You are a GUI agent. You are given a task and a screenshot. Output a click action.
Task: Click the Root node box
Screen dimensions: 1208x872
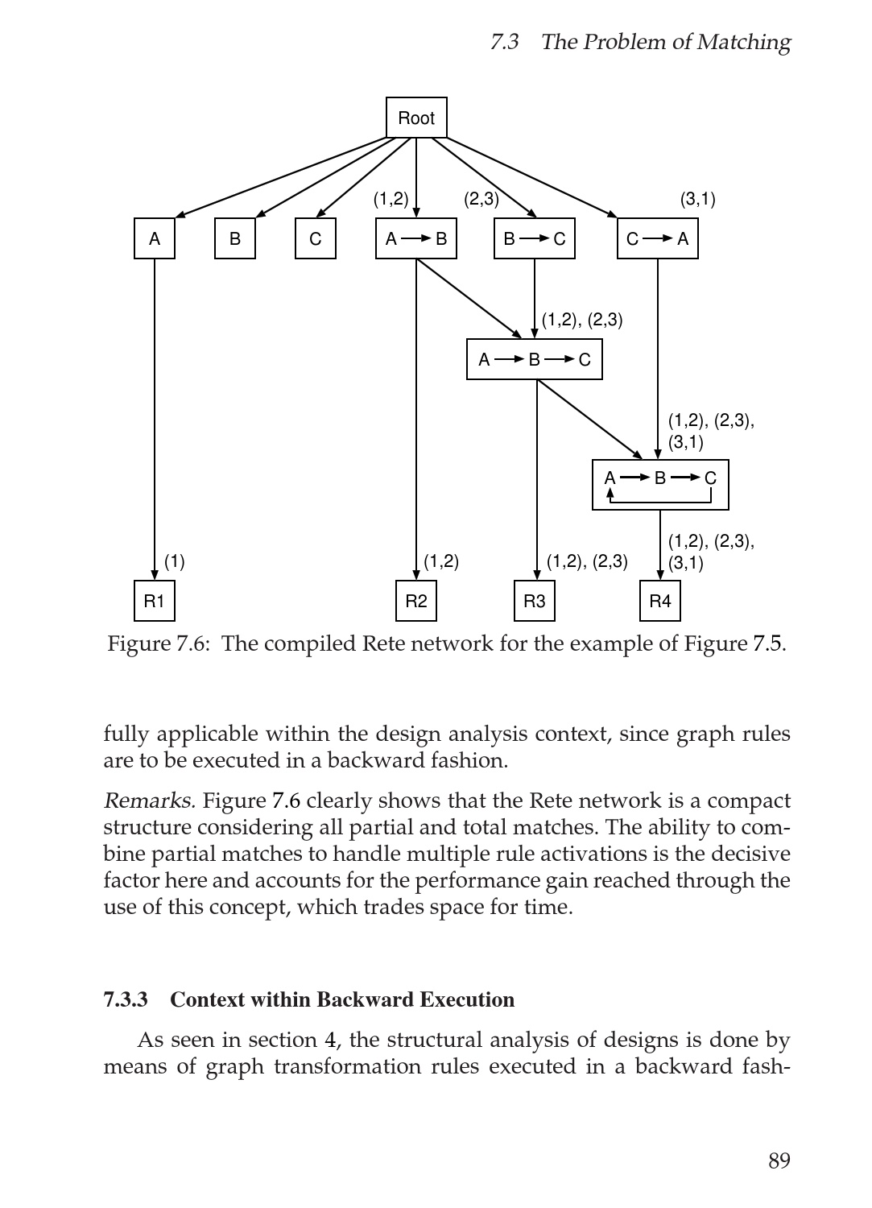416,118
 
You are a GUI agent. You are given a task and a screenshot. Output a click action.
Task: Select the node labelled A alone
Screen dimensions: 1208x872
155,238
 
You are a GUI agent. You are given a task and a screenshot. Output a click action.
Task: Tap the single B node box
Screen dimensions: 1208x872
235,238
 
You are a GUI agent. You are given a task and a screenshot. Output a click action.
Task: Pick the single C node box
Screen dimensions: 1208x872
316,238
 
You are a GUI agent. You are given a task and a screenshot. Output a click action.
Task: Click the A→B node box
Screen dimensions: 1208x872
416,238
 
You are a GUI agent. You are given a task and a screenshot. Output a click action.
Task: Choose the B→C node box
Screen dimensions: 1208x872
535,238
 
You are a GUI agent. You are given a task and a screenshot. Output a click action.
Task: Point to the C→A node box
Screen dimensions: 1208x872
658,238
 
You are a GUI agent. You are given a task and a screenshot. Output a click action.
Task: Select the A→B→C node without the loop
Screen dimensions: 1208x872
535,359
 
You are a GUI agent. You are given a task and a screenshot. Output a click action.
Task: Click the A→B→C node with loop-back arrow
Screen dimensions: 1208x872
660,485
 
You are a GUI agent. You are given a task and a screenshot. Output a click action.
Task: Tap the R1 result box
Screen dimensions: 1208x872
155,601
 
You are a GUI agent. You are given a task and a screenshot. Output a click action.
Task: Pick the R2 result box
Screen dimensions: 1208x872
416,601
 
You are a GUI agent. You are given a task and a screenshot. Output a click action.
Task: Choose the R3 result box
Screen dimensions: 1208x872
535,601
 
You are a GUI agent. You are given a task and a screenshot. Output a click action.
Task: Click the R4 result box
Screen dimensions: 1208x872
660,601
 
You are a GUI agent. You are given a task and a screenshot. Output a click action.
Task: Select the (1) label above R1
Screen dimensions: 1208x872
175,561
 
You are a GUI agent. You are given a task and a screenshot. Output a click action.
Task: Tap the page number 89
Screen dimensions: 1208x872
779,1160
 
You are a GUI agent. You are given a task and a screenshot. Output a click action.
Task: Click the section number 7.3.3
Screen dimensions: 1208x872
126,999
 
